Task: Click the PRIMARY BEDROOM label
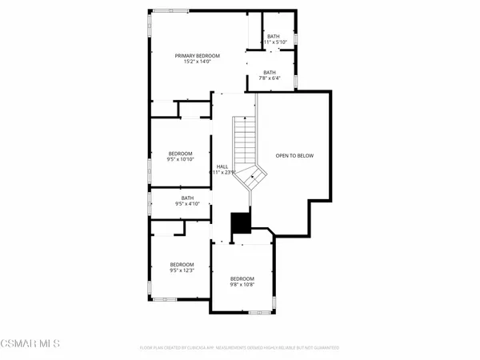click(198, 55)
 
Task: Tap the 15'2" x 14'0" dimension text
click(198, 62)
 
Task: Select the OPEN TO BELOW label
click(294, 155)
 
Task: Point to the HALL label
click(222, 166)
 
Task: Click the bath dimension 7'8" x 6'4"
click(270, 78)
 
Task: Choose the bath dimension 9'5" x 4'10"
click(187, 204)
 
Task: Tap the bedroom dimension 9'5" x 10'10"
click(180, 159)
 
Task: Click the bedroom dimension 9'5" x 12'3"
click(182, 270)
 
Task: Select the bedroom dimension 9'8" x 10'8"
click(242, 285)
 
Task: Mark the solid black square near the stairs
click(240, 224)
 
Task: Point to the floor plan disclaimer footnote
click(238, 348)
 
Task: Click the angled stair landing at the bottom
click(254, 176)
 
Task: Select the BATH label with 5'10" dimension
click(274, 36)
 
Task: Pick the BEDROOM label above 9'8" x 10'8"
click(242, 278)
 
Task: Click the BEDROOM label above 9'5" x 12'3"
click(182, 264)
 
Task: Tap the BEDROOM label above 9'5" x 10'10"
click(180, 153)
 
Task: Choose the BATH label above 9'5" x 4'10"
click(187, 198)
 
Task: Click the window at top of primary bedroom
click(178, 10)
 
